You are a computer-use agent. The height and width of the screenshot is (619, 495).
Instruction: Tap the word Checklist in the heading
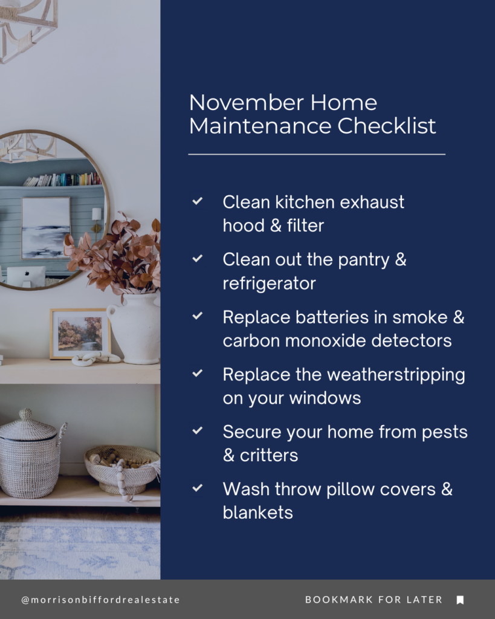coord(386,126)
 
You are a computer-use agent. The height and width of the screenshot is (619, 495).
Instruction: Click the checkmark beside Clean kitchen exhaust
coord(197,201)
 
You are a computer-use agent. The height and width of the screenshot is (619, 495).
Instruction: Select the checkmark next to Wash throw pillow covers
coord(197,488)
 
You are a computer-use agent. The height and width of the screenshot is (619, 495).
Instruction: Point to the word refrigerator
coord(269,283)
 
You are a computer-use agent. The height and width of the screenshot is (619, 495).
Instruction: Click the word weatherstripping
coord(396,375)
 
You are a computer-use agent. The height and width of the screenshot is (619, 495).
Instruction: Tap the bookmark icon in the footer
coord(460,600)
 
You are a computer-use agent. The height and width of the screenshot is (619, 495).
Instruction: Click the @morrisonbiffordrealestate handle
coord(100,600)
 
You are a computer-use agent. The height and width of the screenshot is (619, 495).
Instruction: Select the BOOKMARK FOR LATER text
coord(374,600)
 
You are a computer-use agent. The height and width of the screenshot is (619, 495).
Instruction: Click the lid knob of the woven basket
coord(25,414)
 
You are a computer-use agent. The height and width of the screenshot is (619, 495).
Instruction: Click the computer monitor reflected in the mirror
coord(25,276)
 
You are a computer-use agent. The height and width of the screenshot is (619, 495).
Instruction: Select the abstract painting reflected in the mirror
coord(46,227)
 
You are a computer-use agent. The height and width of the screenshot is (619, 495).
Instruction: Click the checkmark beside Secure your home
coord(197,431)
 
